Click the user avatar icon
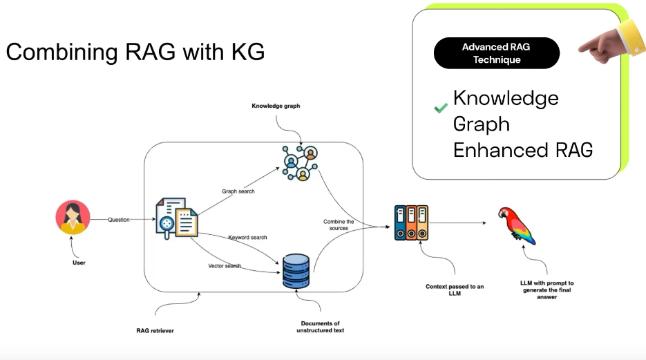pos(73,218)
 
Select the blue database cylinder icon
pos(296,271)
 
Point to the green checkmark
pos(440,108)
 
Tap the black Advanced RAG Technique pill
pos(497,53)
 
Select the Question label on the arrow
pos(119,220)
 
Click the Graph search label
pos(238,191)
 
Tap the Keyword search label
pos(247,238)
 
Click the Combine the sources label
pos(339,225)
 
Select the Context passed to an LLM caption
pos(455,290)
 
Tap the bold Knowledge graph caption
pos(276,106)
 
